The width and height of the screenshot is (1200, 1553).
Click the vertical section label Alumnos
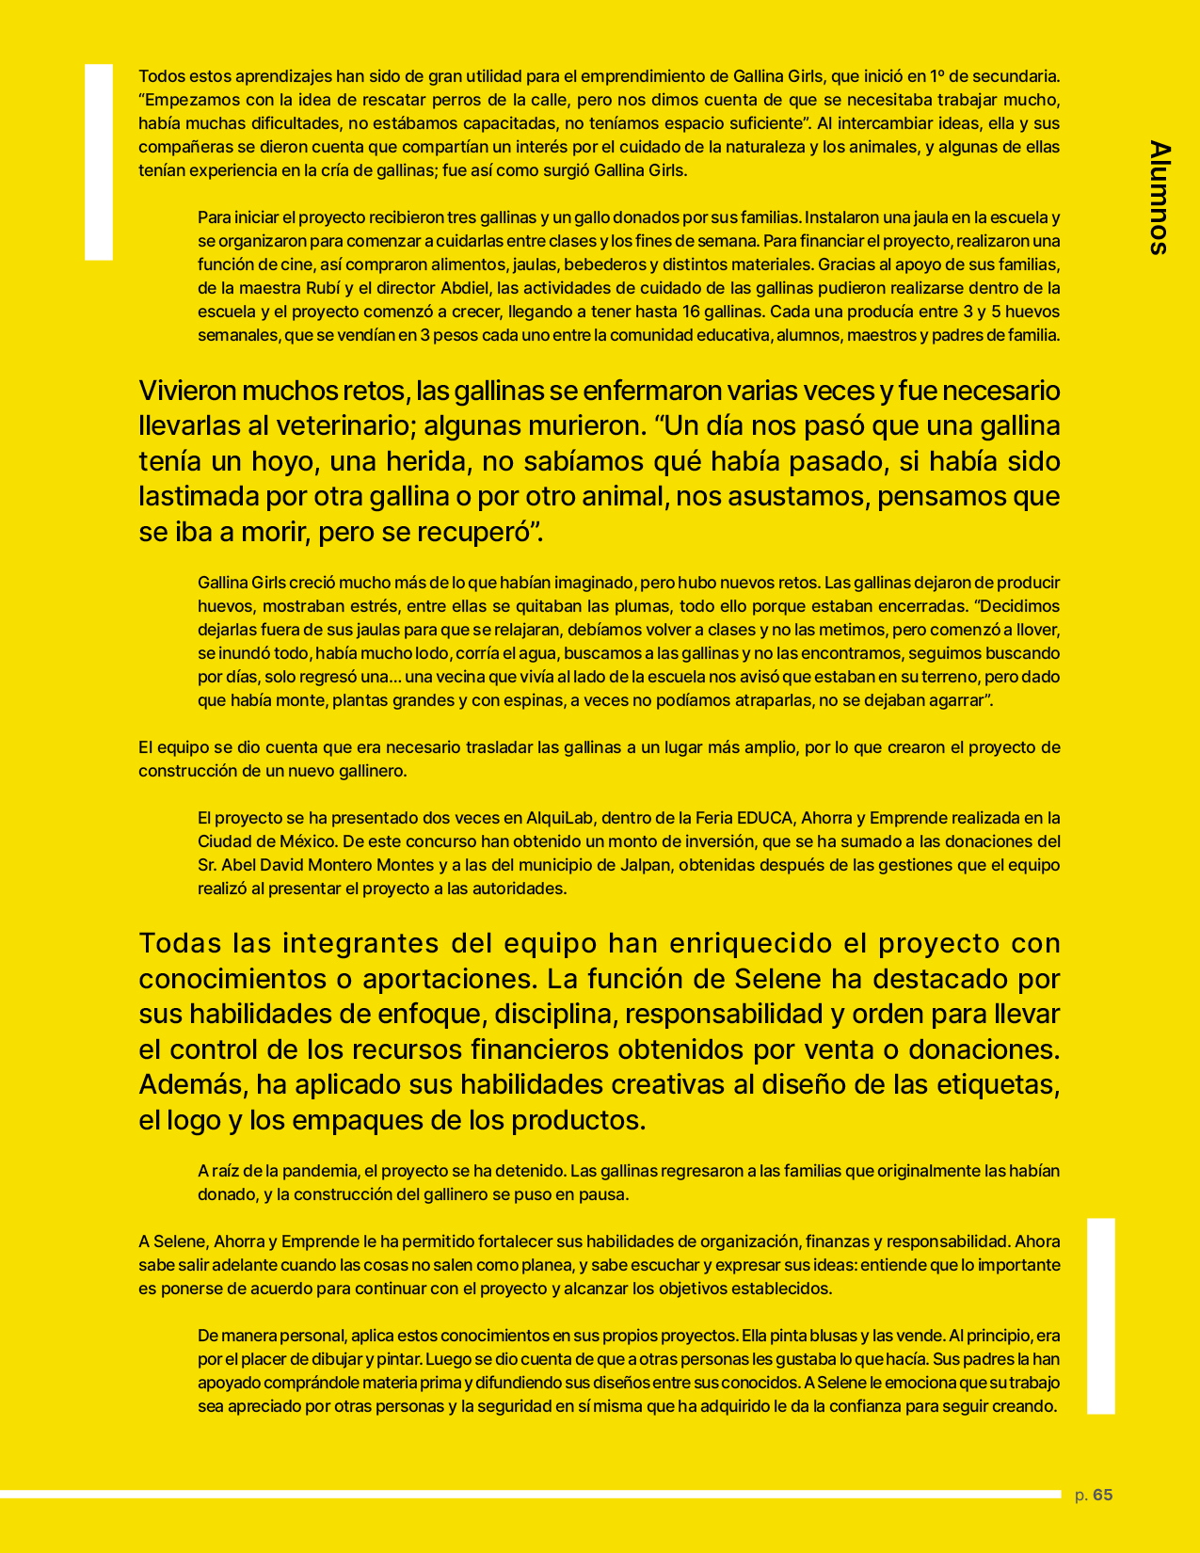1160,198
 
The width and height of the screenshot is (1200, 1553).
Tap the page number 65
1103,1495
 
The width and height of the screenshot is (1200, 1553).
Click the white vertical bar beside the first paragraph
99,162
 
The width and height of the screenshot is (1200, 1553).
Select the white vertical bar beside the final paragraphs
1101,1316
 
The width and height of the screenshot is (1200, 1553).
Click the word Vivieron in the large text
188,391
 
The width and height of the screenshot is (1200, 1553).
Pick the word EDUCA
765,818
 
